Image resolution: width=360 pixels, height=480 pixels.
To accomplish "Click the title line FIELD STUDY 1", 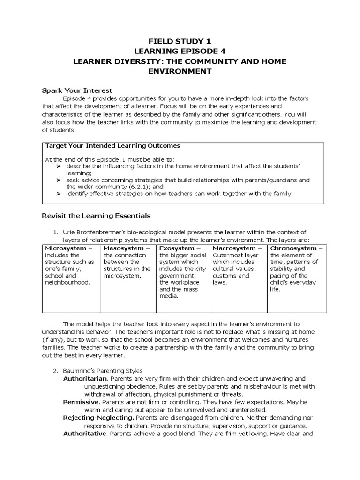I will coord(180,42).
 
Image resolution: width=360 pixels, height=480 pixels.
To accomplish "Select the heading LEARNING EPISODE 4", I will coord(180,52).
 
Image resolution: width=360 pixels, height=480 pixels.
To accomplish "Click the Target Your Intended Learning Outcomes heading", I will coord(112,146).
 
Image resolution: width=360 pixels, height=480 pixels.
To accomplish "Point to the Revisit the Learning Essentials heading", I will coord(96,216).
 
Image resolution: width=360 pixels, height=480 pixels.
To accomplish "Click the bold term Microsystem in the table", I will coord(65,248).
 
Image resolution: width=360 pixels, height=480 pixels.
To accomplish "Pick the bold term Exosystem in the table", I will coord(176,248).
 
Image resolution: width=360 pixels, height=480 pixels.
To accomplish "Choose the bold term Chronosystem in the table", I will coord(293,248).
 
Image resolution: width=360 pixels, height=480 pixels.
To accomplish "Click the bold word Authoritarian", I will coord(85,378).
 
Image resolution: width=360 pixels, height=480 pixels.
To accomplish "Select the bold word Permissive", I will coord(81,402).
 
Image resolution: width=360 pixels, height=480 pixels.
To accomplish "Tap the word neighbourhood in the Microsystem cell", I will coord(67,283).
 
